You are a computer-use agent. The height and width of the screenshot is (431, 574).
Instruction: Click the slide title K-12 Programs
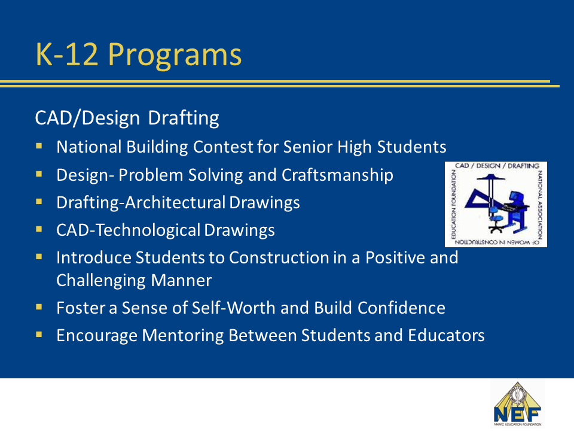tap(139, 55)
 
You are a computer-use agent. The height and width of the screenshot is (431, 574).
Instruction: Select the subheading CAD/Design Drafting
tap(127, 118)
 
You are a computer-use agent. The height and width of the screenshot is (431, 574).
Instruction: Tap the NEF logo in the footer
tap(517, 404)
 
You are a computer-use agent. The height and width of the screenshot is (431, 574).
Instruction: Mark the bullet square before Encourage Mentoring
tap(39, 335)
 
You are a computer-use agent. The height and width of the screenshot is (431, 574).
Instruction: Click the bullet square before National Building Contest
tap(39, 146)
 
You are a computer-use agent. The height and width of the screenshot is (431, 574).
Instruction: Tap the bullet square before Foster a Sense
tap(39, 307)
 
